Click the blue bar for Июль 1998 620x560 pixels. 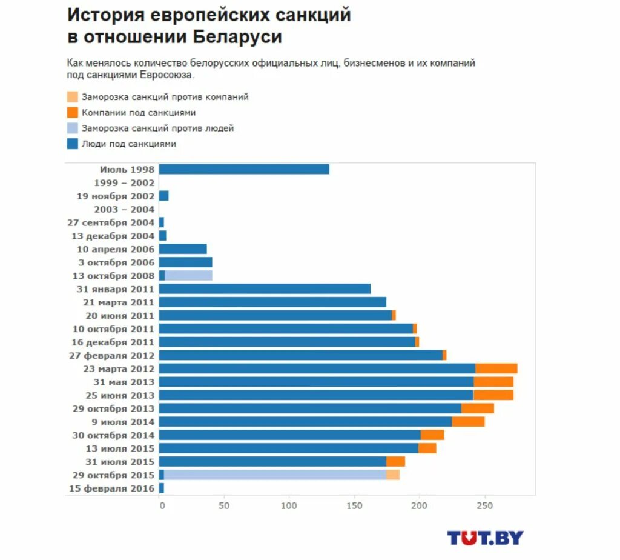(244, 170)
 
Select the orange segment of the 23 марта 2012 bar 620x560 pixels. (496, 368)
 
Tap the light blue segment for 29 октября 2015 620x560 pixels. (275, 475)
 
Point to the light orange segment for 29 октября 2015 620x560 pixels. (393, 475)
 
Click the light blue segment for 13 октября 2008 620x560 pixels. (188, 276)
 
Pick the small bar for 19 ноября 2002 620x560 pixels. (163, 196)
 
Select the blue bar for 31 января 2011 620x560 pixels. (265, 289)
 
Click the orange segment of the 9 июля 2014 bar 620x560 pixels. (468, 422)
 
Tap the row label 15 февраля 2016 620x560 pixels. (112, 488)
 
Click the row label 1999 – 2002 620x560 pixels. (124, 183)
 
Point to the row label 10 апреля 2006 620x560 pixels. (116, 249)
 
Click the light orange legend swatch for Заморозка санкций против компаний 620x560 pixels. (73, 97)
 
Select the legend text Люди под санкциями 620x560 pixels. (129, 144)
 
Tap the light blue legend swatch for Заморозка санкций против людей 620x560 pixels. (73, 128)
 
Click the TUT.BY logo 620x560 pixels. (485, 538)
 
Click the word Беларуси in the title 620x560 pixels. (238, 36)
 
